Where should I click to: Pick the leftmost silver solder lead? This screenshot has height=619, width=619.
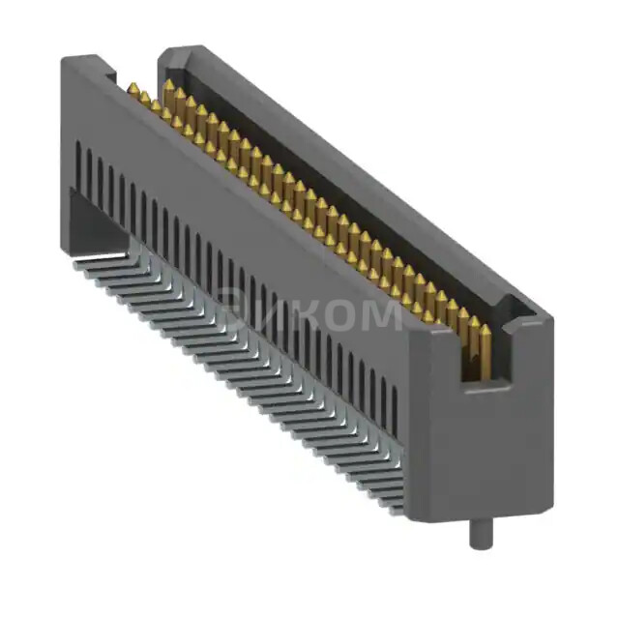[87, 262]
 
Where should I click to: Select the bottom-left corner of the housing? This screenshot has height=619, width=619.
[72, 236]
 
